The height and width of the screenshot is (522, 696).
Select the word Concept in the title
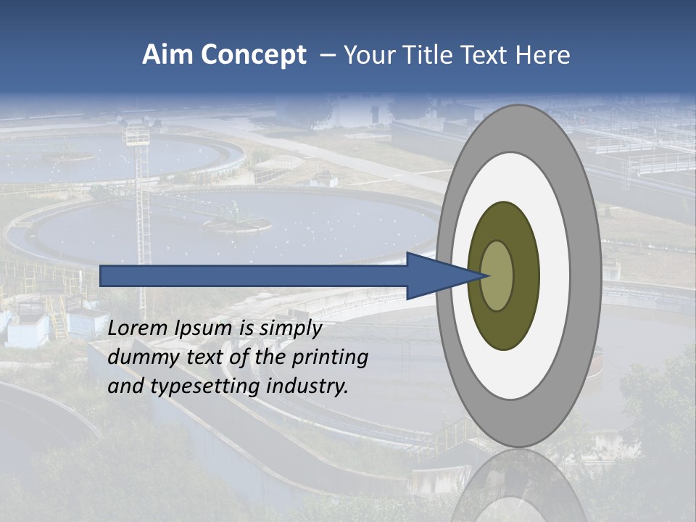point(253,56)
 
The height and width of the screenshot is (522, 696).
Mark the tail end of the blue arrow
point(104,275)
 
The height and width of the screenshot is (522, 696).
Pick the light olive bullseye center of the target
point(497,275)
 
